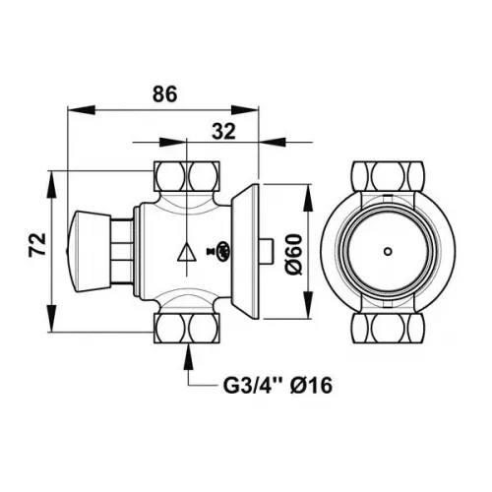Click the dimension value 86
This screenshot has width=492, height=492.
(x=164, y=94)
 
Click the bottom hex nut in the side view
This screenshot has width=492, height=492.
(x=188, y=326)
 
